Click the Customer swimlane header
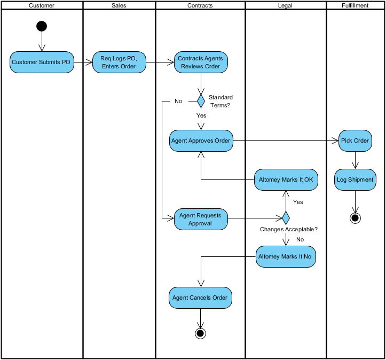pyautogui.click(x=42, y=5)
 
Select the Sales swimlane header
pyautogui.click(x=119, y=5)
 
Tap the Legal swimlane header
pyautogui.click(x=286, y=5)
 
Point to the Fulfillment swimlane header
pyautogui.click(x=355, y=5)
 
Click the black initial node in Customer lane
pyautogui.click(x=42, y=26)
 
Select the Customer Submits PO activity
pyautogui.click(x=42, y=62)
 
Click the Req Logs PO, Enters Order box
pyautogui.click(x=119, y=62)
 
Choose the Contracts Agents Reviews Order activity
pyautogui.click(x=201, y=62)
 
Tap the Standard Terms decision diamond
pyautogui.click(x=201, y=100)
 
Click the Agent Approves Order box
pyautogui.click(x=201, y=141)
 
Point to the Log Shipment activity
pyautogui.click(x=355, y=180)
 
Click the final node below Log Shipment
pyautogui.click(x=355, y=217)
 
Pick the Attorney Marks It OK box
pyautogui.click(x=286, y=180)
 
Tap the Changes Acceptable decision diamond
pyautogui.click(x=286, y=218)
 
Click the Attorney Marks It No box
pyautogui.click(x=286, y=257)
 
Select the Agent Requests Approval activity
pyautogui.click(x=201, y=219)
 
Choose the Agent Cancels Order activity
pyautogui.click(x=200, y=298)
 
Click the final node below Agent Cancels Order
pyautogui.click(x=200, y=333)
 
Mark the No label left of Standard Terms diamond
pyautogui.click(x=178, y=101)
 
